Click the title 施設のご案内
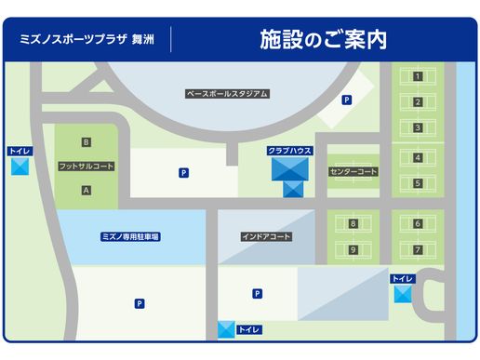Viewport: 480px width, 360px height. [323, 40]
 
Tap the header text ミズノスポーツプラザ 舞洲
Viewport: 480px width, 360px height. [89, 41]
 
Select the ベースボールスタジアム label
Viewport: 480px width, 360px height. [227, 93]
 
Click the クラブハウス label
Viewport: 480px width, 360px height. [289, 150]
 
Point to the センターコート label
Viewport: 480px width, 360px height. [353, 172]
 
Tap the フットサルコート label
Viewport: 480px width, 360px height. [86, 166]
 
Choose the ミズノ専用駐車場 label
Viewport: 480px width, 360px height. [130, 237]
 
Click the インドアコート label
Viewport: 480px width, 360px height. [266, 237]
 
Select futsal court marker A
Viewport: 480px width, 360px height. [86, 190]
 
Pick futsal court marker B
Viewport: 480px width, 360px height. [86, 141]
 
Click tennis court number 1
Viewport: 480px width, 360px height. [418, 76]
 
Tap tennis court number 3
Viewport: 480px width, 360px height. [418, 127]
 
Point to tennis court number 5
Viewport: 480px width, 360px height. [418, 183]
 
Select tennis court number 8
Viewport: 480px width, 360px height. [353, 223]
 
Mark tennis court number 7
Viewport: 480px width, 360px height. [418, 249]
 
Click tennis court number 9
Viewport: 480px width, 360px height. [353, 249]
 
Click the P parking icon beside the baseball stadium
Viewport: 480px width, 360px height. [346, 100]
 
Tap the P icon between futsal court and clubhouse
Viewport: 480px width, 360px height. [183, 172]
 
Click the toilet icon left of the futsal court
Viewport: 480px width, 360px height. [20, 167]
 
